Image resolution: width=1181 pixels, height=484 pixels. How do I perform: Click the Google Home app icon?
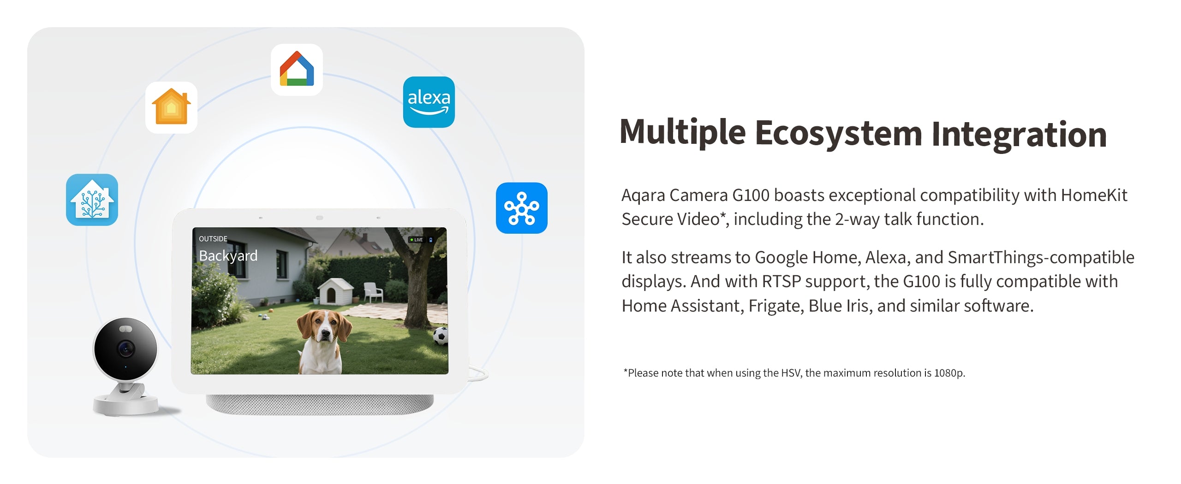coord(297,69)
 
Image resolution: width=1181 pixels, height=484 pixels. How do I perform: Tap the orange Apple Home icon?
coord(171,107)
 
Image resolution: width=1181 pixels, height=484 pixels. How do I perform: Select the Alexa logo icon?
coord(429,102)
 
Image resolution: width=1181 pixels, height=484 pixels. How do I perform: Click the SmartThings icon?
coord(522,208)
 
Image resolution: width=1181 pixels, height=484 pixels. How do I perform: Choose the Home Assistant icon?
coord(92,200)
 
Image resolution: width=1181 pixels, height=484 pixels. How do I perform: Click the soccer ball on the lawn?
coord(441,336)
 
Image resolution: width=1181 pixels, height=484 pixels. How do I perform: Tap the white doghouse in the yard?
coord(335,291)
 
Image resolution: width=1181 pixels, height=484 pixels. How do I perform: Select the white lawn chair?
coord(373,292)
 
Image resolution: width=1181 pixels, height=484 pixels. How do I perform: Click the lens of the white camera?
coord(125,348)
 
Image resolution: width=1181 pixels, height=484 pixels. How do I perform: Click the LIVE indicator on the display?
coord(416,240)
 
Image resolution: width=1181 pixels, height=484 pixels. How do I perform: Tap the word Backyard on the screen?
coord(228,256)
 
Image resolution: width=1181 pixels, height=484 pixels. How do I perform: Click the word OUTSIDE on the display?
coord(213,239)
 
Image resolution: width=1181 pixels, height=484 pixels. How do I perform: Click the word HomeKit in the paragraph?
coord(1094,195)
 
